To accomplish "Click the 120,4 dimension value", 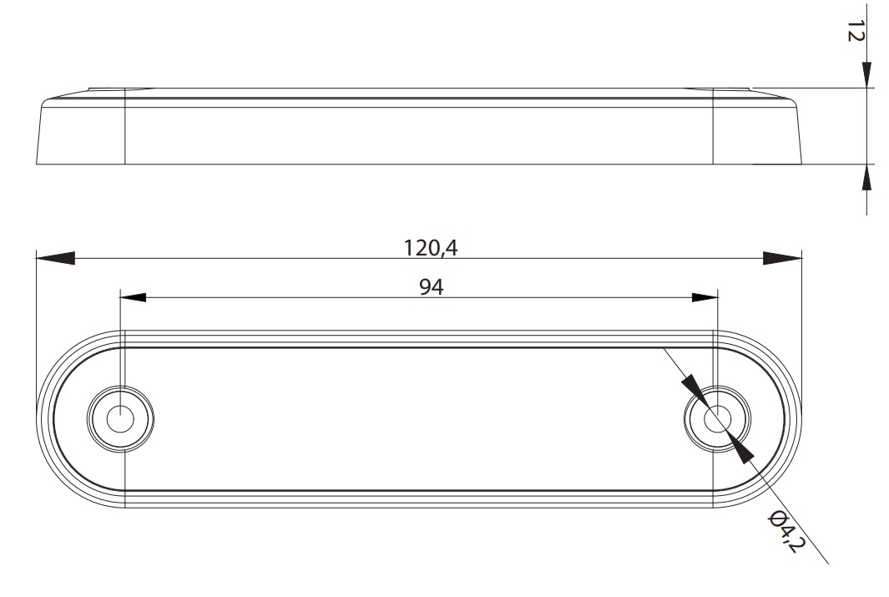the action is pos(431,248).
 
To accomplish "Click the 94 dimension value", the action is pos(432,287).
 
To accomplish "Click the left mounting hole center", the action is pos(120,419).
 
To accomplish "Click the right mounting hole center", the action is pos(718,419).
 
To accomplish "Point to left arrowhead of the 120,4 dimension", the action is pos(55,258).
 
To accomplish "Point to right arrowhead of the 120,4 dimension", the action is pos(782,258).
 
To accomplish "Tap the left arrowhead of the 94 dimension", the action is pos(134,297).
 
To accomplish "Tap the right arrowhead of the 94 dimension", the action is pos(705,297).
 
